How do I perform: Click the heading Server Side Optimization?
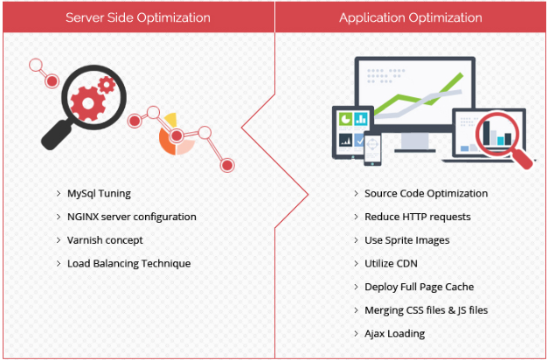138,17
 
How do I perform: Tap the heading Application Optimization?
410,17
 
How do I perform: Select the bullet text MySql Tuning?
99,193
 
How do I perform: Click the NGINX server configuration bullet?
131,217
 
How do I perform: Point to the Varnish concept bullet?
105,239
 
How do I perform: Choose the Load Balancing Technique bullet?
128,263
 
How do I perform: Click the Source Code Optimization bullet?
426,193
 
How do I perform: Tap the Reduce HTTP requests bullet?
417,217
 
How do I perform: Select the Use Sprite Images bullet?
407,239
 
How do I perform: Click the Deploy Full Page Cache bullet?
419,287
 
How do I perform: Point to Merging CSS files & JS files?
426,310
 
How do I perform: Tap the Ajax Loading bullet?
394,333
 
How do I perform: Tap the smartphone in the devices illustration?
372,147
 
